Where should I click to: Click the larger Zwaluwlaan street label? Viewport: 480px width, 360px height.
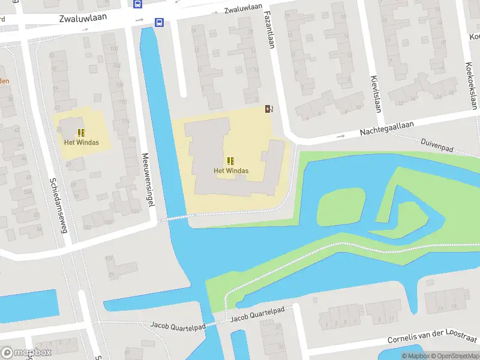point(83,18)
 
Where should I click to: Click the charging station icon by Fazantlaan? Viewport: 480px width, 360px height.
point(269,109)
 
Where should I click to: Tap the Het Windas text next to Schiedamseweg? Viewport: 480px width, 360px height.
point(82,143)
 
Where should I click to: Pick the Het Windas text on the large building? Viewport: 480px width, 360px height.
point(231,170)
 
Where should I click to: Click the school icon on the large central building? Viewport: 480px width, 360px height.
point(231,160)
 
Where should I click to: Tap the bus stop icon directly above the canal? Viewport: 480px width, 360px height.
point(159,23)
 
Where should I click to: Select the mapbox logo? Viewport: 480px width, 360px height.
point(27,352)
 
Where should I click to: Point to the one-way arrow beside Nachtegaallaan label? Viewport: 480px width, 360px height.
point(341,136)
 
